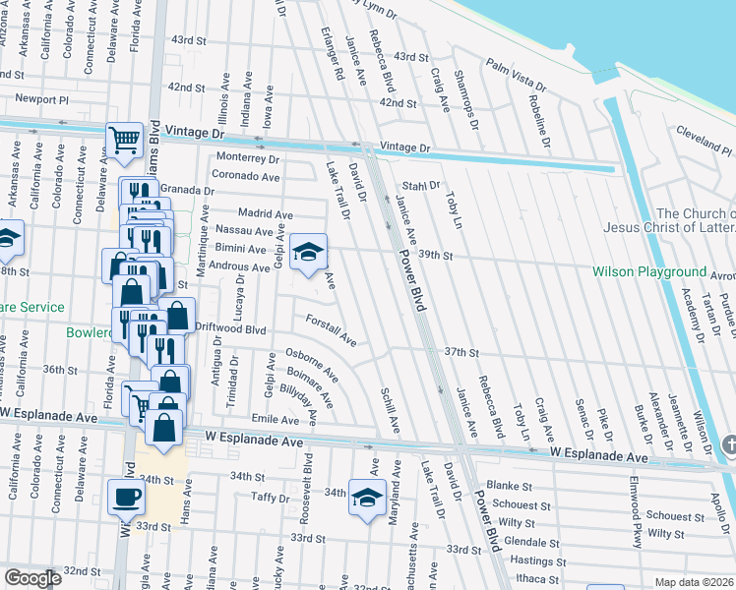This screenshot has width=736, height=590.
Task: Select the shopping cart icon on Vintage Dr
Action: [124, 140]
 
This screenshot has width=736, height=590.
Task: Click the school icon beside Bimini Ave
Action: [308, 250]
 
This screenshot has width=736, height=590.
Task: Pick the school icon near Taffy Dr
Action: [367, 499]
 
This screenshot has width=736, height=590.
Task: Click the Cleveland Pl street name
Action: [705, 138]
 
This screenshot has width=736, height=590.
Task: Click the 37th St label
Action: [460, 351]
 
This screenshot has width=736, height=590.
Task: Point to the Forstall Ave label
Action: [331, 330]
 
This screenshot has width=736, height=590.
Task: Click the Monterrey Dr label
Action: [248, 158]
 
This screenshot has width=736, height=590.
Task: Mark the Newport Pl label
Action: [42, 99]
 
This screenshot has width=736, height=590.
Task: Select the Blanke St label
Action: [509, 486]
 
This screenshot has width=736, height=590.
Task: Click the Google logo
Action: [33, 578]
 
